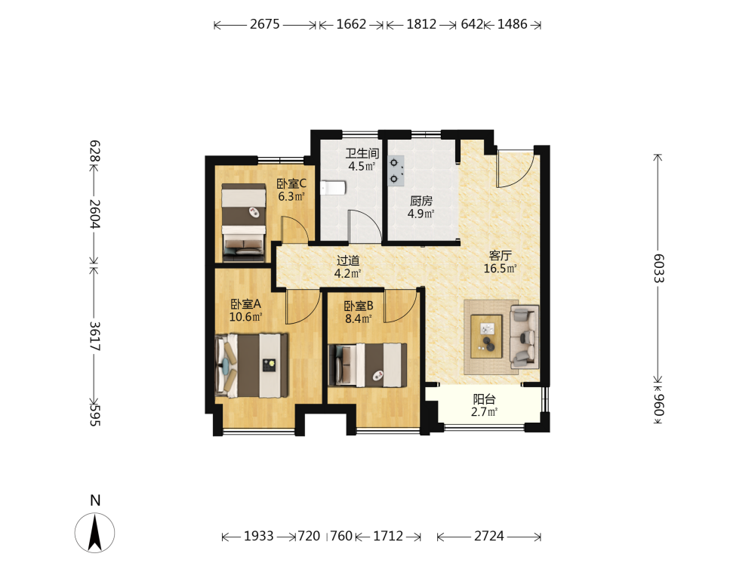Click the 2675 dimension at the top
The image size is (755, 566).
tap(264, 24)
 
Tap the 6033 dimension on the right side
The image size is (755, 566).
tap(658, 268)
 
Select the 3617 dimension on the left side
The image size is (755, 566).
tap(95, 336)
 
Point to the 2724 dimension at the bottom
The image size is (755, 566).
tap(488, 536)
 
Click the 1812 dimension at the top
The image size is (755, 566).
tap(421, 24)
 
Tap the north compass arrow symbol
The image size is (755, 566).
tap(95, 533)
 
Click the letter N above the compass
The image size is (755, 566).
tap(95, 500)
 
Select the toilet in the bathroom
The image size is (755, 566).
tap(333, 188)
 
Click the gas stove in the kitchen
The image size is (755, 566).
tap(396, 171)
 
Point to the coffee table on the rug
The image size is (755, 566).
tap(486, 337)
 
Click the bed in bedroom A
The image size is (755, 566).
tap(252, 365)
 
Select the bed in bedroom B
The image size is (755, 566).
tap(368, 365)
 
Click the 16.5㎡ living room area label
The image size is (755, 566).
tap(500, 269)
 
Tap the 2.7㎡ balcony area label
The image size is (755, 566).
tap(484, 412)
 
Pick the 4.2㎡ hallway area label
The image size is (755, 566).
tap(347, 273)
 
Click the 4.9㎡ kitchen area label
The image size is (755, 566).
tap(421, 214)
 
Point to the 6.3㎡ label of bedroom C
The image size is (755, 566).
tap(291, 196)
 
